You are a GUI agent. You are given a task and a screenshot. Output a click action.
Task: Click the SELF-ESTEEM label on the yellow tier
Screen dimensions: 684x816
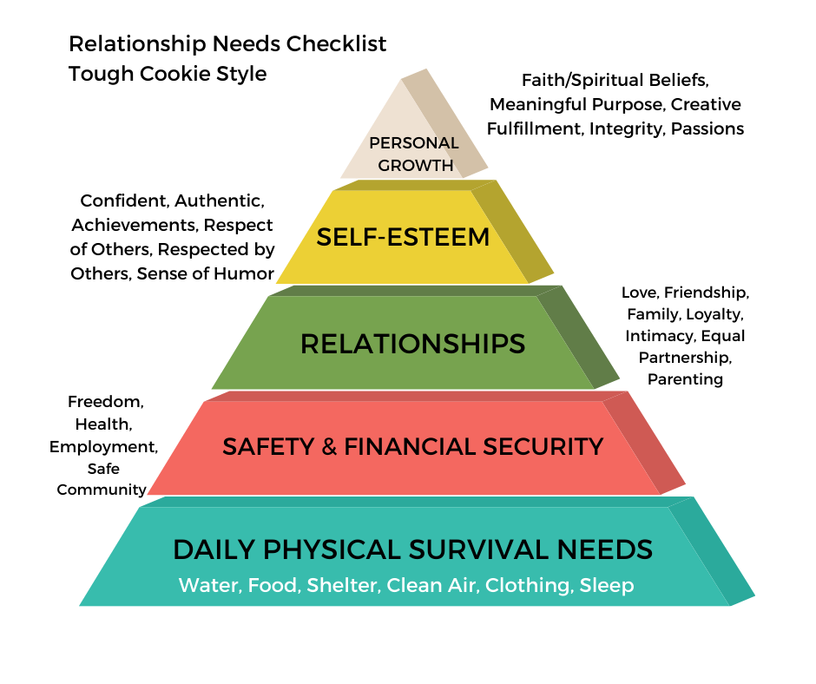tap(403, 237)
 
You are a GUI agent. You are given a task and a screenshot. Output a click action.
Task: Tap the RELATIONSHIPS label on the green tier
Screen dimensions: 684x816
tap(412, 344)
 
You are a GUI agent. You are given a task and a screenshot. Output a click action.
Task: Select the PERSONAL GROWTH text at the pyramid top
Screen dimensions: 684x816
tap(413, 154)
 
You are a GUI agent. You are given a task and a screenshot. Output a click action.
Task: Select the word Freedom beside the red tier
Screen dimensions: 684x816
tap(106, 403)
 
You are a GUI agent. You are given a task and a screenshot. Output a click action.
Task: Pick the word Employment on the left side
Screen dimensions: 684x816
tap(103, 447)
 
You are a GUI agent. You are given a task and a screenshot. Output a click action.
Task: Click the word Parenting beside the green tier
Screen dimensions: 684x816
tap(685, 378)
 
